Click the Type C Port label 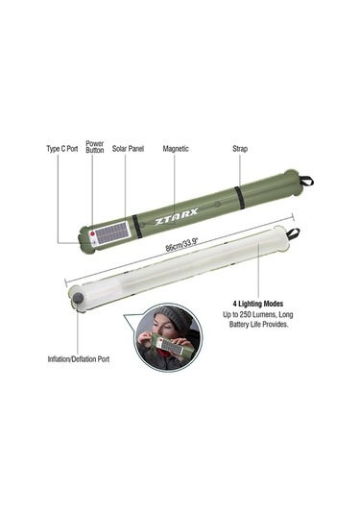[x=62, y=149]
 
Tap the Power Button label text [x=95, y=147]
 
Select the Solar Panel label [x=128, y=149]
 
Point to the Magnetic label [x=176, y=149]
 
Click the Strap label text [x=240, y=149]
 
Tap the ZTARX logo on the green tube [x=177, y=216]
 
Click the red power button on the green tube [x=92, y=234]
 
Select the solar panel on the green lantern [x=110, y=233]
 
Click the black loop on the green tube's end [x=306, y=181]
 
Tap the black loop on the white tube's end [x=293, y=233]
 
